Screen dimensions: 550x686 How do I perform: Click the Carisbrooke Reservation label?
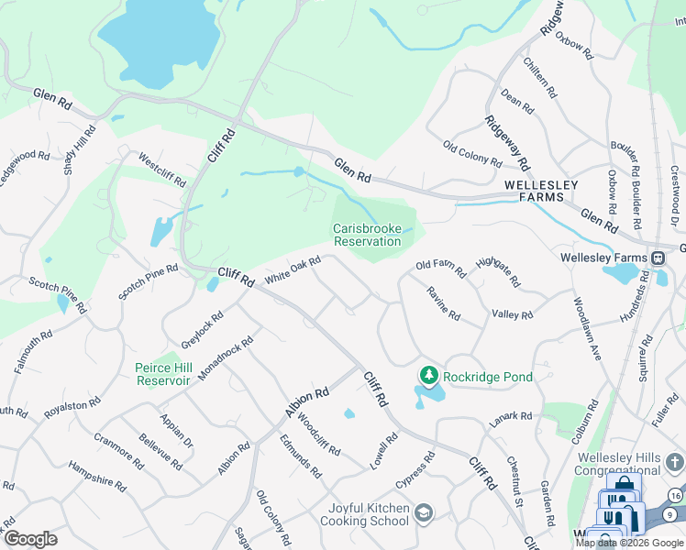pos(367,235)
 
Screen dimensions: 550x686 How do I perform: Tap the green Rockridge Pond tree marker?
pos(427,376)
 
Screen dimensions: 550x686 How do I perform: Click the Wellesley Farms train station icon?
pos(658,258)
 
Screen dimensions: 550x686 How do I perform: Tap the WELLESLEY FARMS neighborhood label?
pos(541,191)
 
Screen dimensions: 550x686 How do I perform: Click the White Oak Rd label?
pos(293,270)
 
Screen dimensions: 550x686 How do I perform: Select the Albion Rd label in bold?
pos(306,401)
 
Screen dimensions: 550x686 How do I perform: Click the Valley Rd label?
pos(512,314)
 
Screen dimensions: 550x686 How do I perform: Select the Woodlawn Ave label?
pos(586,327)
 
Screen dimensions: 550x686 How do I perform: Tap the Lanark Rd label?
pos(510,416)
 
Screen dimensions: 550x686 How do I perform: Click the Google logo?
pos(30,539)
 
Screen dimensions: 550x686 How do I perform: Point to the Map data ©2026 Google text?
pos(629,543)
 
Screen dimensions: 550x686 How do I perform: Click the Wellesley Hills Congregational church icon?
pos(676,460)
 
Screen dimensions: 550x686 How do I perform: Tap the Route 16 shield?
pos(675,496)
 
